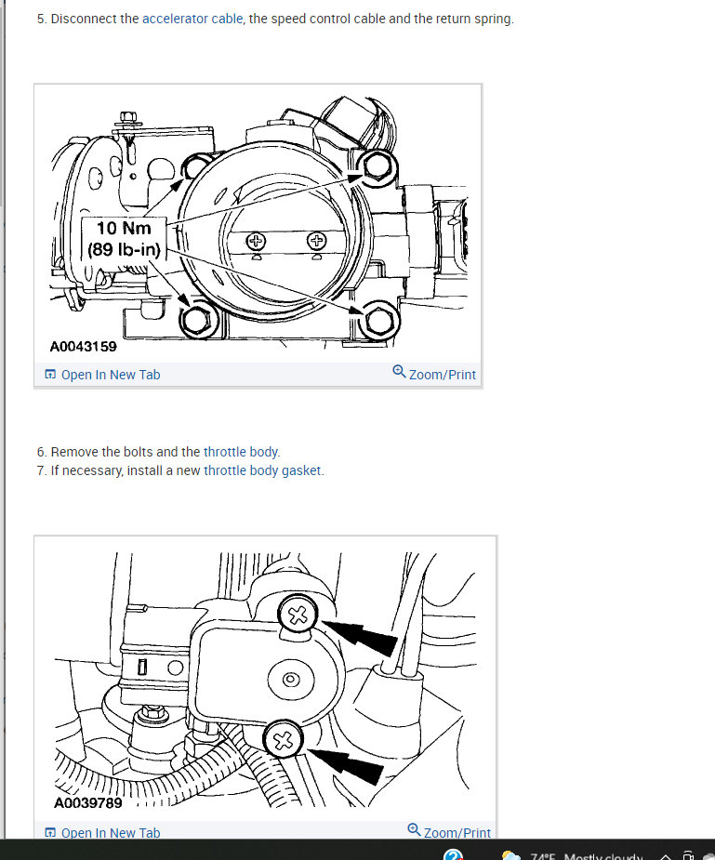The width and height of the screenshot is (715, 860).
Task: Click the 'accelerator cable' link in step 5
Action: coord(192,19)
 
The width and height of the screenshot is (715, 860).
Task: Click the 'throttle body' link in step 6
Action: coord(242,452)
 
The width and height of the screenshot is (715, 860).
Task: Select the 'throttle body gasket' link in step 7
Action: coord(263,470)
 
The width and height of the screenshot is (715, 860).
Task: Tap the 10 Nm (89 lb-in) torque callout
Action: coord(124,239)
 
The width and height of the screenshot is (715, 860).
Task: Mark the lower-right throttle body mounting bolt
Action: coord(377,321)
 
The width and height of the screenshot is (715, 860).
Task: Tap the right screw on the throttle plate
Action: coord(317,242)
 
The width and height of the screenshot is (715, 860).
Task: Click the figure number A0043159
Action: coord(83,347)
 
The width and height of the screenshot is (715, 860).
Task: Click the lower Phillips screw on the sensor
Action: coord(284,741)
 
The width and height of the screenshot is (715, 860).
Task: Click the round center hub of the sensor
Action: coord(291,680)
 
